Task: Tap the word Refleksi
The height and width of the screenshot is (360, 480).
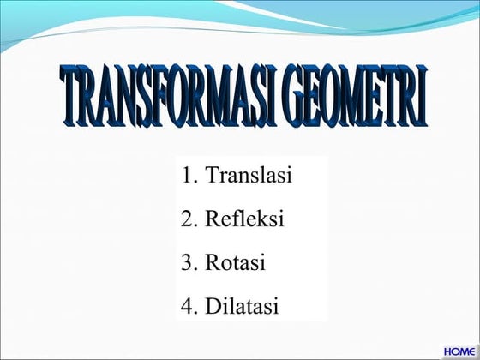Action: (244, 219)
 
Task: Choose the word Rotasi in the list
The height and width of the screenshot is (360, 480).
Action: (235, 262)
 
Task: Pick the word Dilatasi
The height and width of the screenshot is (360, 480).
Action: (243, 306)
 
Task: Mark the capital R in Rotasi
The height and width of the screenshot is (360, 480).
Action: (213, 262)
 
